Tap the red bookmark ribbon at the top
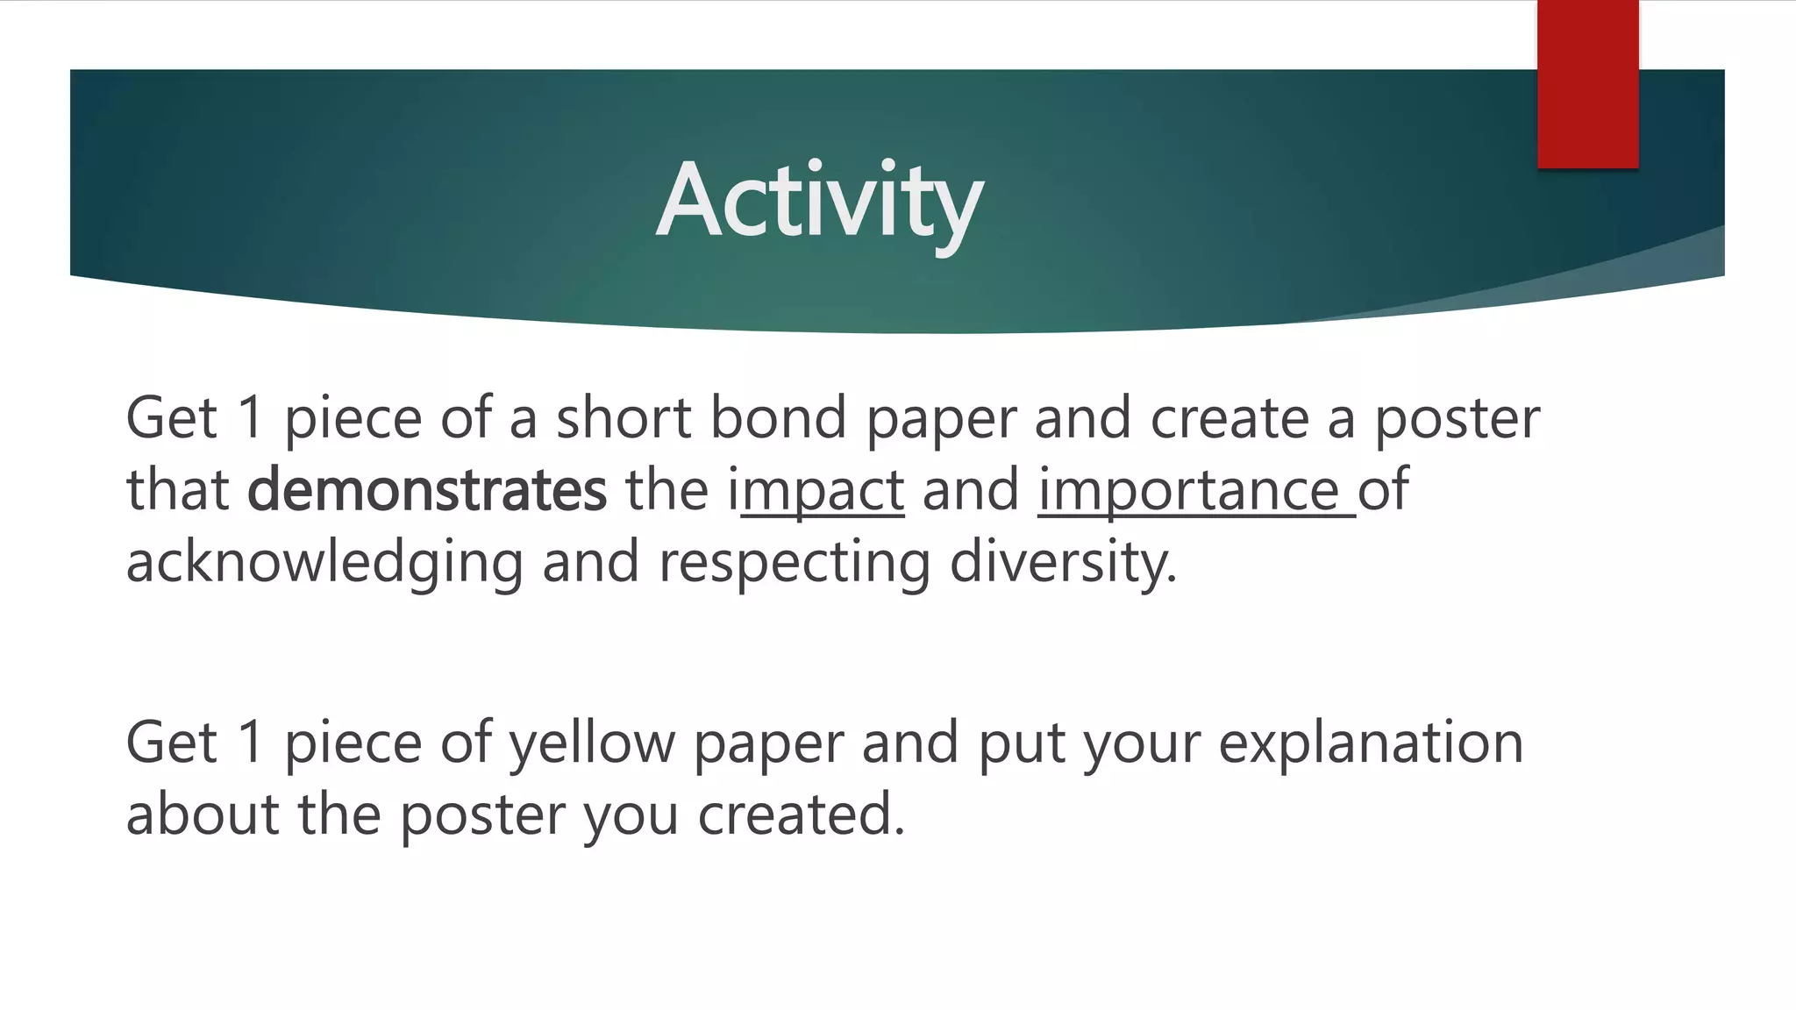point(1587,83)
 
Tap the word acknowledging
point(324,563)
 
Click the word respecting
point(794,563)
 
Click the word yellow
point(592,743)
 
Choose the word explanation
point(1371,743)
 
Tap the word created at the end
point(800,814)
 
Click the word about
point(202,814)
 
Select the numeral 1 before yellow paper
point(250,743)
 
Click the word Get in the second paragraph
point(171,743)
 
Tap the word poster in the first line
point(1456,419)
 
